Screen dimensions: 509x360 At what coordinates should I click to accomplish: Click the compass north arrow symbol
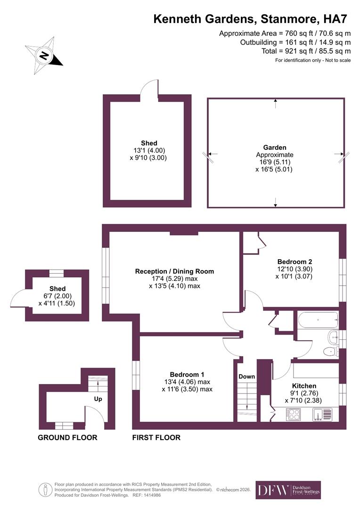click(43, 56)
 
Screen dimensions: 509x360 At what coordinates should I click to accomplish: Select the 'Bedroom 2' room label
click(295, 262)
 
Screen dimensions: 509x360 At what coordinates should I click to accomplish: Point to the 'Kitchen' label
click(304, 386)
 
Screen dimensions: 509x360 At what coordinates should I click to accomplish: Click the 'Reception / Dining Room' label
click(174, 271)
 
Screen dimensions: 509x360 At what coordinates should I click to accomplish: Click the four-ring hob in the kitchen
click(295, 414)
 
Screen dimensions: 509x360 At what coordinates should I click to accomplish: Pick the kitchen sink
click(323, 414)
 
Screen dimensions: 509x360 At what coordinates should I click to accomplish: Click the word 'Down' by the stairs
click(246, 377)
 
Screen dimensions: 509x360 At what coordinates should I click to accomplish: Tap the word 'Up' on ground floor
click(98, 399)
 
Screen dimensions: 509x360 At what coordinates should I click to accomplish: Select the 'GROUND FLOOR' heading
click(67, 437)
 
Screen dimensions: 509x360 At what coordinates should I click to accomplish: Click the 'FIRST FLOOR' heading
click(156, 437)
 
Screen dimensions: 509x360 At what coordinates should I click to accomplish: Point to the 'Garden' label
click(275, 148)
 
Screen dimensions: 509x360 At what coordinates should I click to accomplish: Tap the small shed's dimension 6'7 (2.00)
click(57, 296)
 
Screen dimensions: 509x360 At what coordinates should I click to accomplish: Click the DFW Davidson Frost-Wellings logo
click(288, 490)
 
